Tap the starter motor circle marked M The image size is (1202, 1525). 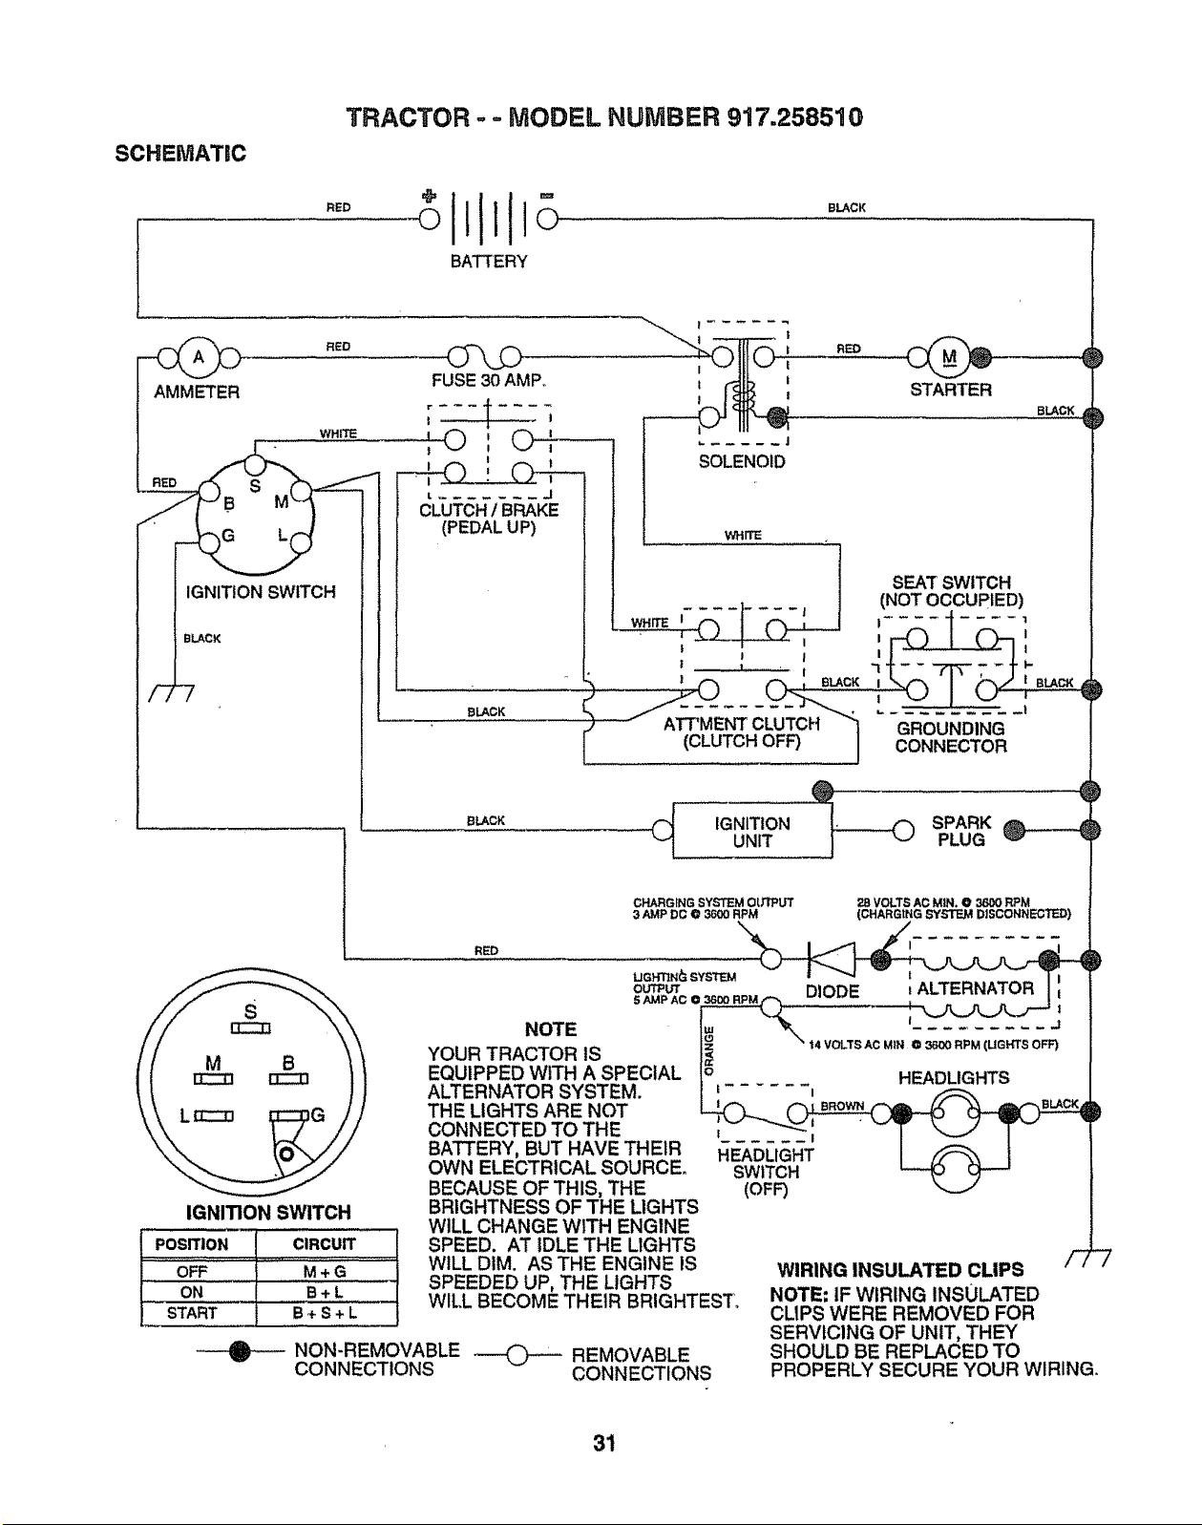click(x=950, y=356)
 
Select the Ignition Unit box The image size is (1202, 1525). click(x=752, y=831)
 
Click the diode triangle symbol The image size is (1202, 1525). click(x=833, y=961)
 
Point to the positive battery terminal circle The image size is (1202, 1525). click(x=430, y=220)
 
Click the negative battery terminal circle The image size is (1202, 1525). click(x=547, y=220)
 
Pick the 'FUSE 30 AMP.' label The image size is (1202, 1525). click(x=488, y=381)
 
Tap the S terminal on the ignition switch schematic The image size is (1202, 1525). click(x=255, y=465)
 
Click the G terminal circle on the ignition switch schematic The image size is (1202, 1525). click(x=209, y=543)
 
